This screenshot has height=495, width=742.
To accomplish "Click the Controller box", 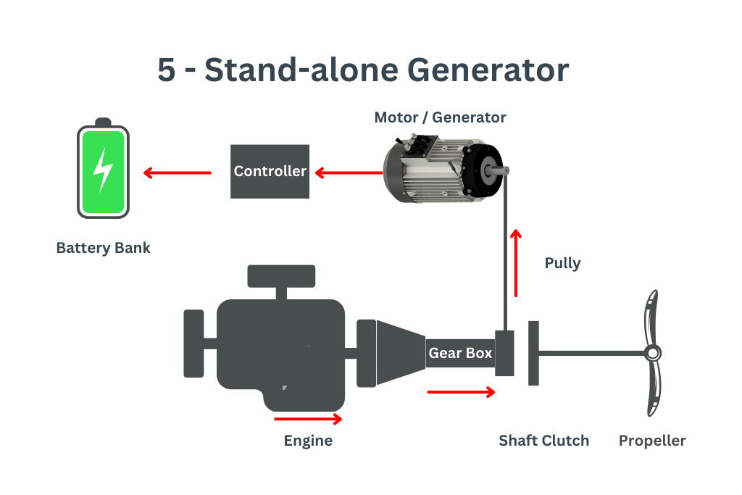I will point(270,172).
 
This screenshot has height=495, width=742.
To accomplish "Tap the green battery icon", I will point(104,171).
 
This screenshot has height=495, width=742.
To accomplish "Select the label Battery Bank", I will point(103,248).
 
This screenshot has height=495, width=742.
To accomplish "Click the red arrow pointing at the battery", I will point(177,172).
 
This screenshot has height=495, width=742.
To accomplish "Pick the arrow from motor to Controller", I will point(348,172).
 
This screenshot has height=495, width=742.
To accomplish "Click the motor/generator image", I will point(441,168).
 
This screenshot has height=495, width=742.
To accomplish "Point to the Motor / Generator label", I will point(440,117).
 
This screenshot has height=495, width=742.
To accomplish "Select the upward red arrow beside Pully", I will point(515,263).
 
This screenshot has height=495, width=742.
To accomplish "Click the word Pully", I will point(562,262).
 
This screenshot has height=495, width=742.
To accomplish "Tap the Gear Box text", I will point(460,354).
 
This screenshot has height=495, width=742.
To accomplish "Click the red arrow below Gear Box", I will point(462,392).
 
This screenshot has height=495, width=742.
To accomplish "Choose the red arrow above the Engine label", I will point(308,419).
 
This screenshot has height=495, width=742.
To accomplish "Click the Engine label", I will point(308,441).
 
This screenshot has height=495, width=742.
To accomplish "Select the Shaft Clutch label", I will point(543,441).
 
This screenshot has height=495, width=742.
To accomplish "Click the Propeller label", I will point(651,441).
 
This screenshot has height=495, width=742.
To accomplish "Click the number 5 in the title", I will point(166,71).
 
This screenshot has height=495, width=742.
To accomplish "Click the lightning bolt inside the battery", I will point(104,170).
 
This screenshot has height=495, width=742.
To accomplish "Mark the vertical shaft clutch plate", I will point(533,353).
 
